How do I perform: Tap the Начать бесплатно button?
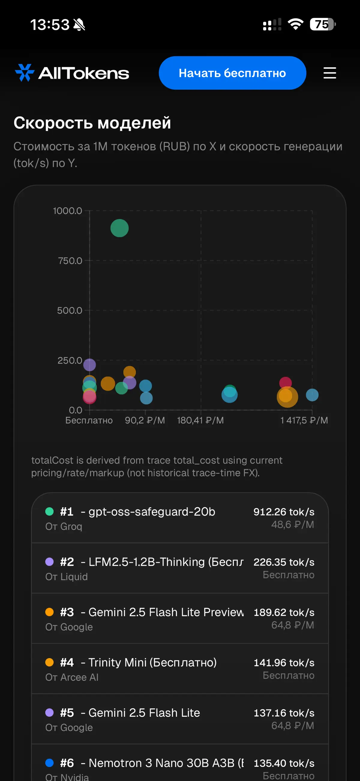pyautogui.click(x=232, y=73)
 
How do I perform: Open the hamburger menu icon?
pyautogui.click(x=330, y=73)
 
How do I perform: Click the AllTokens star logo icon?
pyautogui.click(x=25, y=73)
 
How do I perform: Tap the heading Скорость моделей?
pyautogui.click(x=92, y=123)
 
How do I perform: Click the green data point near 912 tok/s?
pyautogui.click(x=119, y=228)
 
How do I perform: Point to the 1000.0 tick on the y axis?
pyautogui.click(x=67, y=211)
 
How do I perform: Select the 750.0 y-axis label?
pyautogui.click(x=70, y=261)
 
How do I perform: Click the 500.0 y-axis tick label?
pyautogui.click(x=70, y=310)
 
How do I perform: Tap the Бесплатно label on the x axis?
pyautogui.click(x=89, y=420)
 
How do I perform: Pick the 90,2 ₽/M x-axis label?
pyautogui.click(x=145, y=420)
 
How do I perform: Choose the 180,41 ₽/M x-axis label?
pyautogui.click(x=200, y=420)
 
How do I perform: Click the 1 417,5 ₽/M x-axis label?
pyautogui.click(x=304, y=420)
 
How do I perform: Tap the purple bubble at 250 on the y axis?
pyautogui.click(x=89, y=365)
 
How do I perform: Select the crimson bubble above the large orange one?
pyautogui.click(x=286, y=383)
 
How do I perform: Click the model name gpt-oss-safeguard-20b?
pyautogui.click(x=152, y=511)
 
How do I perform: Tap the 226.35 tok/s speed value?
pyautogui.click(x=284, y=562)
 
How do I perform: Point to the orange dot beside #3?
pyautogui.click(x=49, y=612)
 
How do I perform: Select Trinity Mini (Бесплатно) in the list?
pyautogui.click(x=153, y=662)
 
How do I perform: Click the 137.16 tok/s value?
pyautogui.click(x=284, y=713)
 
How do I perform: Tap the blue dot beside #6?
pyautogui.click(x=49, y=762)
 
